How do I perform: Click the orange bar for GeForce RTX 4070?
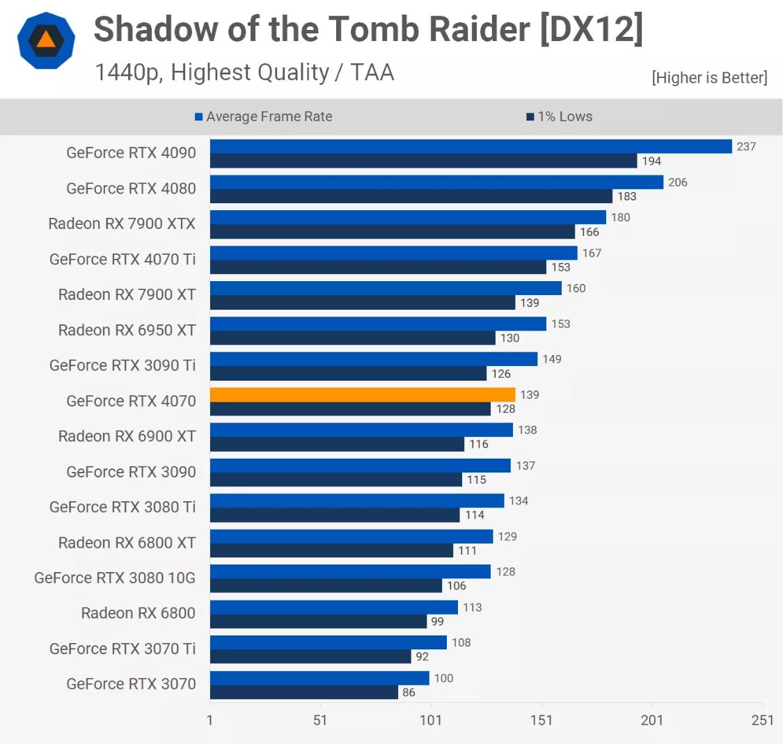[362, 395]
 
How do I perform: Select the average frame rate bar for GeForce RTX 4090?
[470, 146]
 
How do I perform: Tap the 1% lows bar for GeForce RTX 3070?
[303, 692]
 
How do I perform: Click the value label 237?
[746, 146]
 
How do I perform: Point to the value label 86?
[409, 692]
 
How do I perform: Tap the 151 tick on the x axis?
[541, 720]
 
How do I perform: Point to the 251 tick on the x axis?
[762, 720]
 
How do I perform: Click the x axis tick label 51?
[319, 720]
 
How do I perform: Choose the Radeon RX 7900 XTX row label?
[122, 223]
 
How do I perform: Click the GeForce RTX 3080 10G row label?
[115, 578]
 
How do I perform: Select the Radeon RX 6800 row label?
[138, 613]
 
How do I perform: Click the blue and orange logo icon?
[46, 40]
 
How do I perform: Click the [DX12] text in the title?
[591, 29]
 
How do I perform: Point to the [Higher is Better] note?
[709, 78]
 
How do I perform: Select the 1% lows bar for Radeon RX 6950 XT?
[352, 338]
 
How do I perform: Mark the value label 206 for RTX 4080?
[677, 182]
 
